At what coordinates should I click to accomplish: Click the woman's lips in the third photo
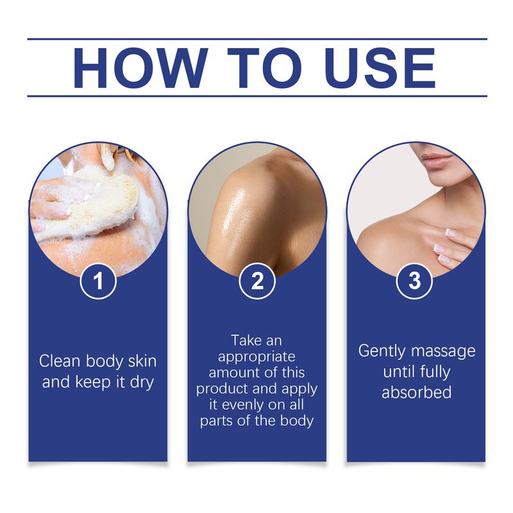(x=436, y=159)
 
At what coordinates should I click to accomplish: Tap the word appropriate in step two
(x=256, y=356)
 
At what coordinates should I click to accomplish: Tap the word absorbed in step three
(x=417, y=392)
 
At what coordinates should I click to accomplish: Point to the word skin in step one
(x=142, y=360)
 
